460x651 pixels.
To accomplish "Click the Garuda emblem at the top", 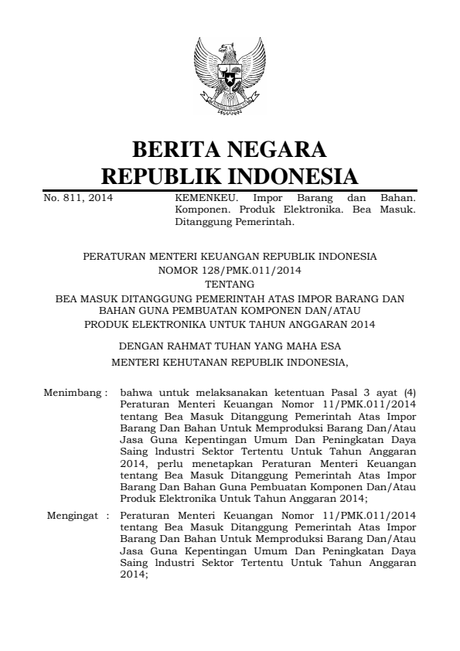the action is coord(229,76).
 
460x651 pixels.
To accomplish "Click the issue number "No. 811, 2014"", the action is coord(77,199).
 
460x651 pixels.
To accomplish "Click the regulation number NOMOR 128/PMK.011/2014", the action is coord(229,271).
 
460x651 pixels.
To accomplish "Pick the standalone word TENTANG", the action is coord(229,284).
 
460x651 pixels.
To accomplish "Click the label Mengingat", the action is coord(72,514).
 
